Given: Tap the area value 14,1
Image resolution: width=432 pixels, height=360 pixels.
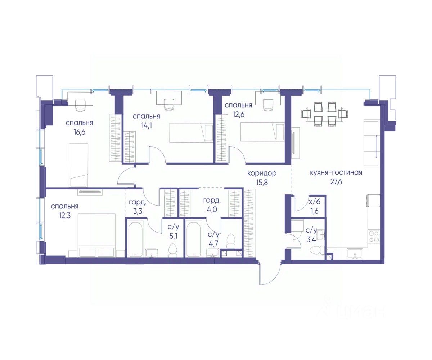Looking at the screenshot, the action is coord(146,125).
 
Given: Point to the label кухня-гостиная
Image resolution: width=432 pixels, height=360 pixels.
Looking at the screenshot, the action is coord(336,172).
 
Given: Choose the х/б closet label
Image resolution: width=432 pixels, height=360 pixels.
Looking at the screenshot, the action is coord(315,202).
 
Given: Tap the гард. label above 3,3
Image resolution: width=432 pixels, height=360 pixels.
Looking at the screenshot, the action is coord(138,202).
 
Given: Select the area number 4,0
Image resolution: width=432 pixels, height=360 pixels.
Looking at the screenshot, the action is coord(211,210).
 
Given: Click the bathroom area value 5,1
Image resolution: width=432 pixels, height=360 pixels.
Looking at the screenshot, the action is coord(174,236).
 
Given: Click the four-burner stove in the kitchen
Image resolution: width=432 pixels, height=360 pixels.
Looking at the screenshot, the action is coord(374,237).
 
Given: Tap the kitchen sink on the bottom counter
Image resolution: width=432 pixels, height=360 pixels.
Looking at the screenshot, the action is coord(355,254).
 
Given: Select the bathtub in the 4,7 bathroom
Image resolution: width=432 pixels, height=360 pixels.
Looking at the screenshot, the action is coord(193,239).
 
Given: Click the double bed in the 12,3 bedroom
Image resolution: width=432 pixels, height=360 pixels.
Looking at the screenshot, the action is coord(96,235).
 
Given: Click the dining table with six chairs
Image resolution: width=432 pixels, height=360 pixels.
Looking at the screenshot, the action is coord(324,114).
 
